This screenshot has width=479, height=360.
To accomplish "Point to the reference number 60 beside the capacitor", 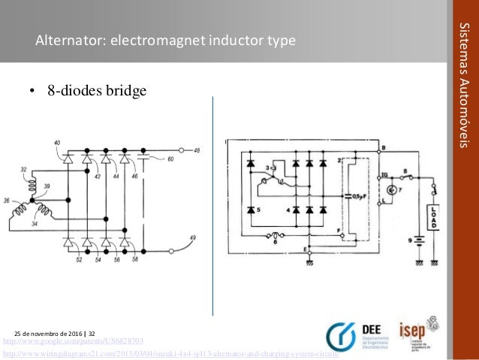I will click(x=170, y=159).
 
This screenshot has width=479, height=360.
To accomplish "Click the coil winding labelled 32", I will click(x=33, y=180).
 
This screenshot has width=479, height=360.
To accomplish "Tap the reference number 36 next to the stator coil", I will click(x=6, y=200).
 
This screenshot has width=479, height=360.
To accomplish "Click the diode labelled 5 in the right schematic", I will click(x=251, y=210).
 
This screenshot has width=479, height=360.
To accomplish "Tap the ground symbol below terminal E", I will click(x=309, y=262).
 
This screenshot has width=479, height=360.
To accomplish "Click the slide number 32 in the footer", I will click(x=92, y=331).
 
